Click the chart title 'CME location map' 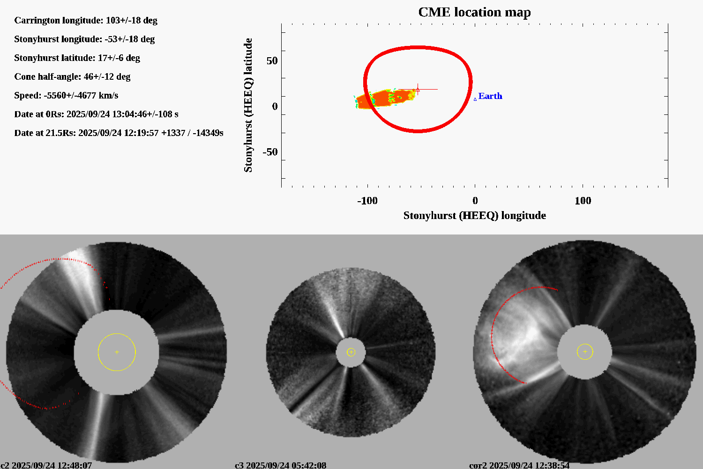click(x=474, y=12)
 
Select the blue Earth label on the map click(x=490, y=96)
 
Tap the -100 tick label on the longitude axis click(x=367, y=201)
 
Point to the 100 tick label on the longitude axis click(x=583, y=201)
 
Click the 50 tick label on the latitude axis click(x=272, y=61)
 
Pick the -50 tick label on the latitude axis click(x=269, y=152)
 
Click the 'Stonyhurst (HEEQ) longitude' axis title click(x=474, y=215)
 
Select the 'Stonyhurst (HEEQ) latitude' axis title click(x=248, y=105)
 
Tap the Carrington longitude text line click(x=86, y=20)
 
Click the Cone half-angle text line click(x=72, y=76)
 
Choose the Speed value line click(x=66, y=95)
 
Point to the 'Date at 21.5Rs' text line click(x=119, y=133)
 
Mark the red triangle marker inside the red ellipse click(x=418, y=90)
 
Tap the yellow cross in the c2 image click(x=117, y=352)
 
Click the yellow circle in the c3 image click(x=351, y=352)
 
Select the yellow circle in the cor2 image click(x=585, y=352)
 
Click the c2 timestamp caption click(x=46, y=465)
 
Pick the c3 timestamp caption click(x=280, y=465)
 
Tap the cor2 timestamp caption click(x=519, y=465)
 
